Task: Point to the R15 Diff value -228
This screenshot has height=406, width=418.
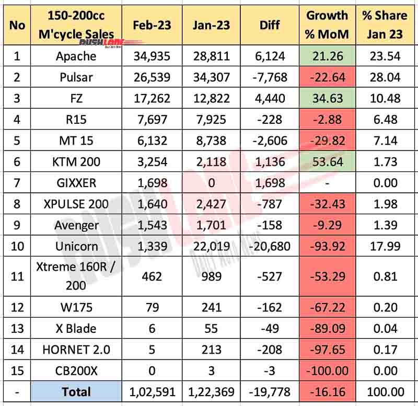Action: tap(271, 120)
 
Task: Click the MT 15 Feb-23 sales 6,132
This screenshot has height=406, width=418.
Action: tap(151, 141)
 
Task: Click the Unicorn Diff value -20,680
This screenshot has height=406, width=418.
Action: tap(271, 247)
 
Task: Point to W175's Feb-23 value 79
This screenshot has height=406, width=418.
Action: tap(151, 307)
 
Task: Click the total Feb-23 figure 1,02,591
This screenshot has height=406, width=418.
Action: tap(151, 392)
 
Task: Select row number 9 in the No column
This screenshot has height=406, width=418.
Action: tap(17, 225)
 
